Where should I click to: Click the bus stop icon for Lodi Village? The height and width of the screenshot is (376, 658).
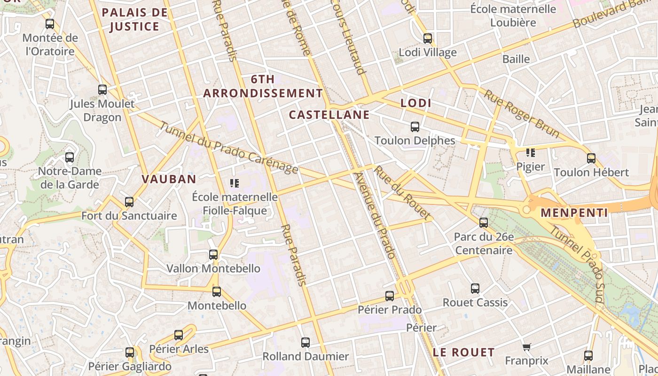[428, 39]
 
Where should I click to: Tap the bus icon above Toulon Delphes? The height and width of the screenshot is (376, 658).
[415, 127]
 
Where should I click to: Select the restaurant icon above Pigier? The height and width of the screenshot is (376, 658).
[531, 153]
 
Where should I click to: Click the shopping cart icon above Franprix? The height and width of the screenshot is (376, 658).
[527, 347]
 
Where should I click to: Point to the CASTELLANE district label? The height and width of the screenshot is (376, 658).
[329, 115]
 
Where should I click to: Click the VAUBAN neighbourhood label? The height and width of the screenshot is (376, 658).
[169, 179]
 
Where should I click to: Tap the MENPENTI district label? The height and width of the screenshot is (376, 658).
[574, 213]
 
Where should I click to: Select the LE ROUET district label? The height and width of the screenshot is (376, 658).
[464, 352]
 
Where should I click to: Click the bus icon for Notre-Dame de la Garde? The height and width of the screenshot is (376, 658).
[70, 157]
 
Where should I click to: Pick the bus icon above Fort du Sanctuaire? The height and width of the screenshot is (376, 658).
[129, 202]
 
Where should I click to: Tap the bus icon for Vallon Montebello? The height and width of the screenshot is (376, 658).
[213, 255]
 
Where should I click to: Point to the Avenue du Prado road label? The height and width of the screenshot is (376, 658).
[374, 215]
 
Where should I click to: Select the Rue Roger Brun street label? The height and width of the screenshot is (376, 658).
[522, 114]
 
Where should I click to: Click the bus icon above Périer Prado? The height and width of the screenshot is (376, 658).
[390, 296]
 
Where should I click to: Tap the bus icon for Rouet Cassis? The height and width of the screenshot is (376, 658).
[475, 288]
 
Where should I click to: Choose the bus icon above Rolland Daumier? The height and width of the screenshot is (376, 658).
[305, 343]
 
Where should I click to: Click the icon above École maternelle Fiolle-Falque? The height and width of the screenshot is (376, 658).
[235, 183]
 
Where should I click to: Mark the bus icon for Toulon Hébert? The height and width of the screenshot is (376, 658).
[591, 158]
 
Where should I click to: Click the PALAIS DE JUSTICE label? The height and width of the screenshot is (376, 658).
[134, 19]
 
